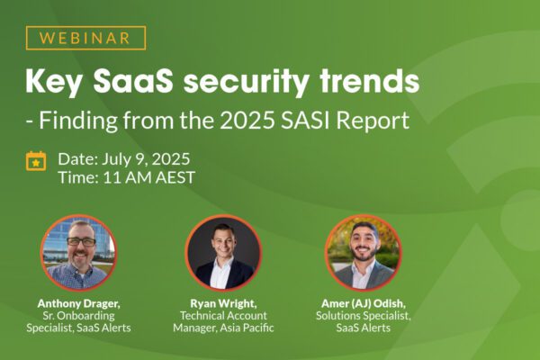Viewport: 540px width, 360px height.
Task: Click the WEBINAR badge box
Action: pos(85,38)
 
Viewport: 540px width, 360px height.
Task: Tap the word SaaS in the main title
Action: pos(133,81)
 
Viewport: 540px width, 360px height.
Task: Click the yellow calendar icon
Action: pos(36,161)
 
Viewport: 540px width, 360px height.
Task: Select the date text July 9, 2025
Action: pos(146,159)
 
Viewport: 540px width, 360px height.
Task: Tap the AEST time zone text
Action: pos(175,177)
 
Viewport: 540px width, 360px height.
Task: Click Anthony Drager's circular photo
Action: pos(78,253)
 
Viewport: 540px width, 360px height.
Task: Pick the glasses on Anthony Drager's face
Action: pos(81,242)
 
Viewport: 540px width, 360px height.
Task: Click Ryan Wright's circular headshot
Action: pos(223,253)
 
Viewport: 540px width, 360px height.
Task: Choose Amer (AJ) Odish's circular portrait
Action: pos(364,253)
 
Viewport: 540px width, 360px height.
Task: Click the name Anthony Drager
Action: pos(79,304)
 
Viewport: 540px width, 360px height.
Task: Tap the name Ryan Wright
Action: pos(223,304)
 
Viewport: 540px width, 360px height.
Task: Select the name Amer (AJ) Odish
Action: pos(364,304)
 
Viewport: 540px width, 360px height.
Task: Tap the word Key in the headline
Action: pos(54,82)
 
